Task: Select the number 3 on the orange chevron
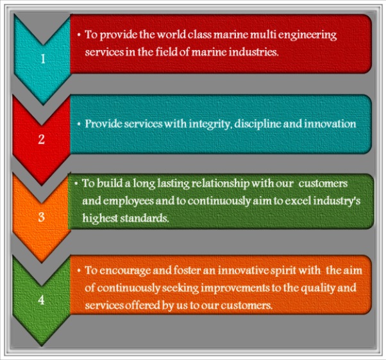tap(42, 217)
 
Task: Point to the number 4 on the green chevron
tap(42, 298)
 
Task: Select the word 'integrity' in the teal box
tap(197, 124)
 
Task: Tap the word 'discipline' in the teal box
tap(247, 124)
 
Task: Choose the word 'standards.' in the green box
tap(147, 218)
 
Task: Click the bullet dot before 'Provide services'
tap(78, 124)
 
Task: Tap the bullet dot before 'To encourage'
tap(78, 271)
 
